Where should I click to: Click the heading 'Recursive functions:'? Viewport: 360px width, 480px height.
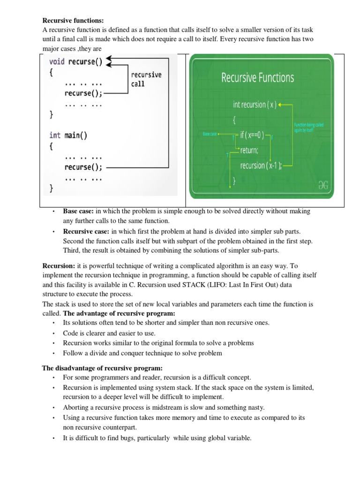tap(73, 20)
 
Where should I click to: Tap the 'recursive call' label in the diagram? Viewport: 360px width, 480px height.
tap(146, 79)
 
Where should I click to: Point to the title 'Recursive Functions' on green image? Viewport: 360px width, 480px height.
tap(257, 77)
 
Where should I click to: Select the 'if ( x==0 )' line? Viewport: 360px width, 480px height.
tap(252, 135)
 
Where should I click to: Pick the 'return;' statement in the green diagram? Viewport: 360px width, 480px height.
tap(249, 150)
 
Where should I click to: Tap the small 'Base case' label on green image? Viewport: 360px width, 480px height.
tap(209, 134)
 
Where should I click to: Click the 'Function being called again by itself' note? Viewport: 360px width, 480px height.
tap(308, 127)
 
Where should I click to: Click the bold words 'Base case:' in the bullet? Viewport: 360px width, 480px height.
tap(78, 211)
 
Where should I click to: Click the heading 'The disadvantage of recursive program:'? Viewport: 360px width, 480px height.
tap(102, 368)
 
